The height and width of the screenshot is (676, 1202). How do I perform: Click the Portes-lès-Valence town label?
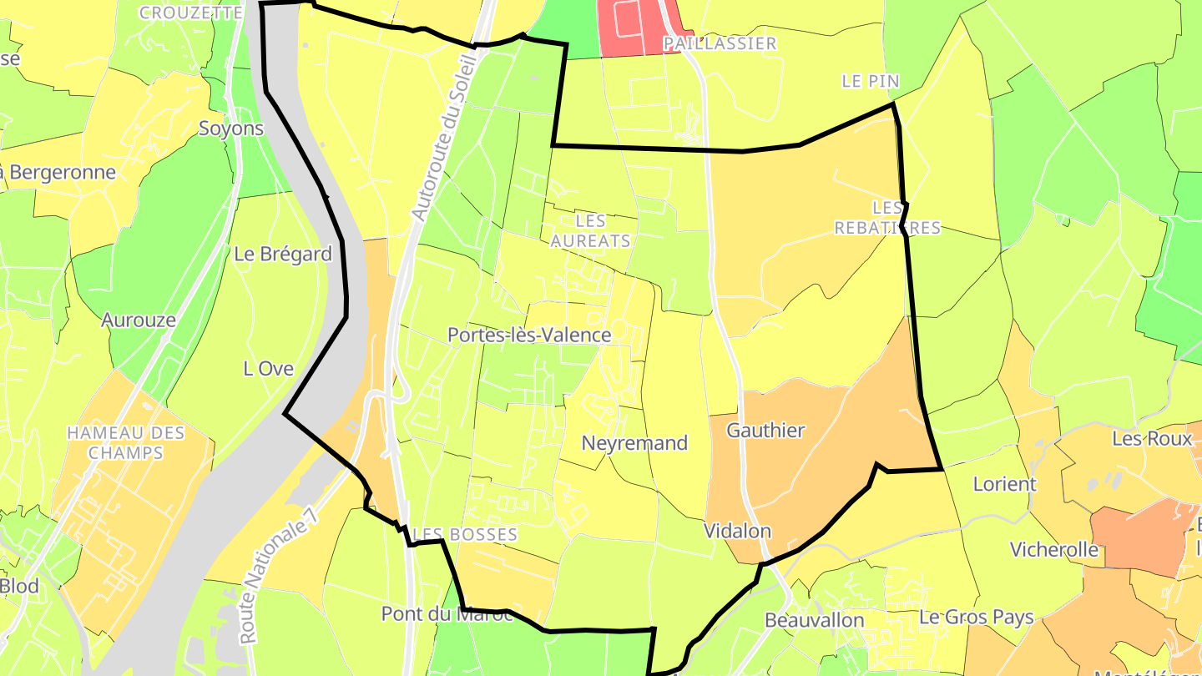point(529,335)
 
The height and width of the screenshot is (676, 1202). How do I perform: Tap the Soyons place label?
point(231,129)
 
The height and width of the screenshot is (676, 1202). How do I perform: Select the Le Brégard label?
point(283,254)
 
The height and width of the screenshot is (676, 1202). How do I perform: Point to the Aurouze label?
point(139,320)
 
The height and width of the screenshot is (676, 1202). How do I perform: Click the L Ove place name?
point(268,368)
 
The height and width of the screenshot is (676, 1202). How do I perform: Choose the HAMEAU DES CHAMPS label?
point(126,442)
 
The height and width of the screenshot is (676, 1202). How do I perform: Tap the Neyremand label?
point(634,443)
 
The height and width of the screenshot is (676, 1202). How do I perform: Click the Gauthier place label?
point(765,431)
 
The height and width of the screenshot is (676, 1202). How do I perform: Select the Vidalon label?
point(737,531)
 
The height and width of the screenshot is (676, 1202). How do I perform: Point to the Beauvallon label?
point(814,620)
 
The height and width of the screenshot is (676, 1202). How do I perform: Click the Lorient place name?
point(1004,484)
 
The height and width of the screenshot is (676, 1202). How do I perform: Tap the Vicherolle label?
point(1053,549)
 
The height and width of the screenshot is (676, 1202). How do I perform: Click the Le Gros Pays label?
point(976,618)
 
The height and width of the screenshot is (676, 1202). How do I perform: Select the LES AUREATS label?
point(590,231)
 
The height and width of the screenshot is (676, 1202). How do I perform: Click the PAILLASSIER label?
point(720,43)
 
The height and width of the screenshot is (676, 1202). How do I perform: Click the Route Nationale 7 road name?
point(279,576)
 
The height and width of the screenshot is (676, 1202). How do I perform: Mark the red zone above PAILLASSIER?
point(631,25)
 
